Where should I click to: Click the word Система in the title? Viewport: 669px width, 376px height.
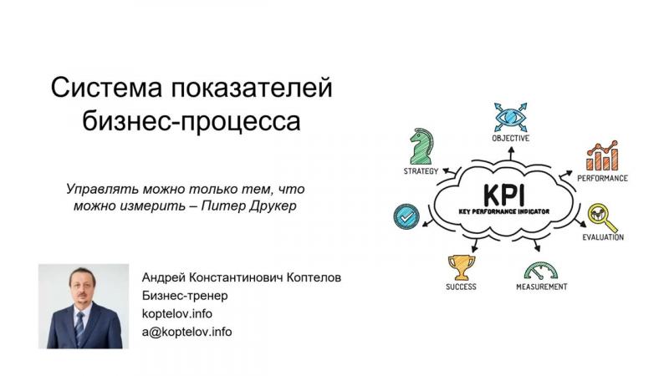coord(106,88)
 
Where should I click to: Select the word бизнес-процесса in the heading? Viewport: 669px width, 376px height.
coord(192,120)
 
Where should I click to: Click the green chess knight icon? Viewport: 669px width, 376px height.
coord(421,146)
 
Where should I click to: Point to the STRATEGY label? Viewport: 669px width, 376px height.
coord(421,171)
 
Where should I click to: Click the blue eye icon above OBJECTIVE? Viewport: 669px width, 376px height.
coord(510,117)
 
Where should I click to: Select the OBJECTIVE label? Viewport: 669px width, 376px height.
coord(511,138)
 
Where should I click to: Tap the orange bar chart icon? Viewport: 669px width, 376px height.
coord(602,155)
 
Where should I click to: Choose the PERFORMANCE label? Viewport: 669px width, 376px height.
coord(602,178)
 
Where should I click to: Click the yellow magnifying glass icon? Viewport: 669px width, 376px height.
coord(601,217)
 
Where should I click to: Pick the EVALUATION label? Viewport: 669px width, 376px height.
coord(603,237)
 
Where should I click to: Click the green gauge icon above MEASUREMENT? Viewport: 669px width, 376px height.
coord(540,271)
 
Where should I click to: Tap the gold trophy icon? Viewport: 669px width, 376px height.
coord(462,267)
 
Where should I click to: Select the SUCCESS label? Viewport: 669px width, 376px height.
coord(462,287)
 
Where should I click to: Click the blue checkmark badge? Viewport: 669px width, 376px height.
coord(406,216)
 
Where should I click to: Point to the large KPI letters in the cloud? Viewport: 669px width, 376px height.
coord(504,196)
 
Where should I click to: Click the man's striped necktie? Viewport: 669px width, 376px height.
coord(79,328)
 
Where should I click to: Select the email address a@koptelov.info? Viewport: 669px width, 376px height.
coord(186,332)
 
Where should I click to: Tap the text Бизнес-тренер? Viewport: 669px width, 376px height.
coord(185,296)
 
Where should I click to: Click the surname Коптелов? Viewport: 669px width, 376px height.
coord(314,277)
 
